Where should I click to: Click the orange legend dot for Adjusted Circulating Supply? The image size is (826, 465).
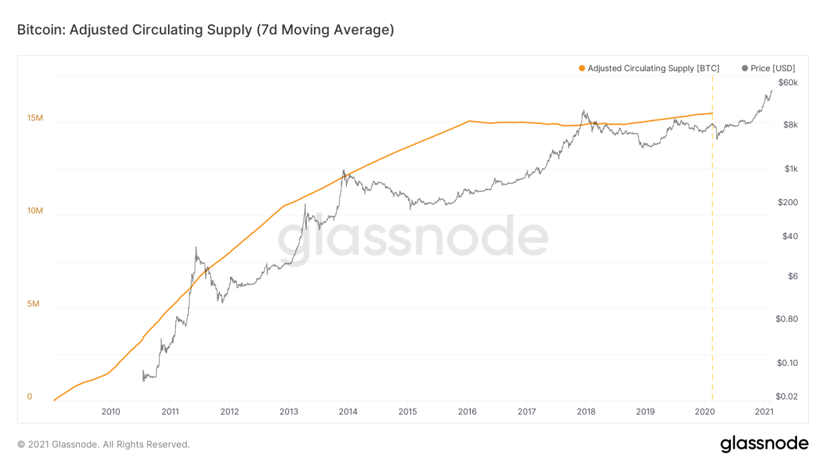point(582,68)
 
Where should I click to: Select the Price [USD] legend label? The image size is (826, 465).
point(772,68)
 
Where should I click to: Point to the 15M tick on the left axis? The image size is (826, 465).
point(34,118)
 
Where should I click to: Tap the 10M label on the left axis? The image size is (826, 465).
point(34,211)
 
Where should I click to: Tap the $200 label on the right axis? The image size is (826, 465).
point(786,203)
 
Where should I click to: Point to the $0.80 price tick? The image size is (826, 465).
point(786,319)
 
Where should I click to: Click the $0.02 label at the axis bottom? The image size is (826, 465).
point(786,397)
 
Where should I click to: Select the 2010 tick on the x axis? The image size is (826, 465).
point(111,412)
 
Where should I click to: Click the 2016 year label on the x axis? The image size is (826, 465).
point(467,412)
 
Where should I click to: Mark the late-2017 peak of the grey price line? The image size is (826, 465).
point(584,110)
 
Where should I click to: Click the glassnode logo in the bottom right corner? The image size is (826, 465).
point(764,444)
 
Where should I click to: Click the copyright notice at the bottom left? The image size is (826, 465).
point(103,444)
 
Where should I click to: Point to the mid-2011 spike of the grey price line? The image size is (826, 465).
point(196,248)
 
